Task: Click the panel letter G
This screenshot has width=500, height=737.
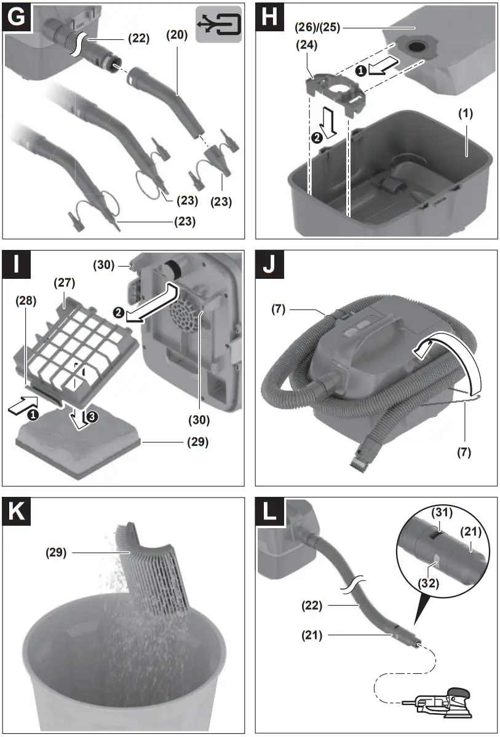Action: (18, 18)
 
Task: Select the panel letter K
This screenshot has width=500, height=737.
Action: (18, 512)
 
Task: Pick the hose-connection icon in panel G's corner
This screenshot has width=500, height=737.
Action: (218, 24)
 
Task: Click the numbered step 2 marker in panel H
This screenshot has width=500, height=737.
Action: (317, 138)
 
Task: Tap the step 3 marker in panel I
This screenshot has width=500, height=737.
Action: (91, 417)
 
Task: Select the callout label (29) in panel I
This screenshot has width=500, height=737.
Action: (198, 442)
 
